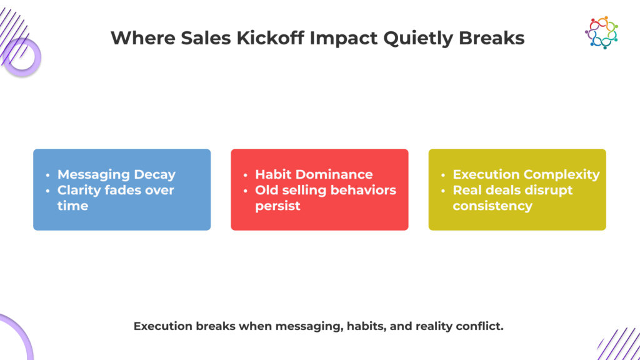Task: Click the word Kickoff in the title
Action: pyautogui.click(x=271, y=38)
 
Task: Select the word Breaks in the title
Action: pyautogui.click(x=491, y=38)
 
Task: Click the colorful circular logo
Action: pyautogui.click(x=601, y=32)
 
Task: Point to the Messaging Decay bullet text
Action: pyautogui.click(x=116, y=175)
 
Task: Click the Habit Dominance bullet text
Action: pyautogui.click(x=314, y=174)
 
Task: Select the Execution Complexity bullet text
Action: pyautogui.click(x=526, y=175)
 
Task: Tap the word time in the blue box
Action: pyautogui.click(x=72, y=206)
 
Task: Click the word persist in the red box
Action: pyautogui.click(x=277, y=206)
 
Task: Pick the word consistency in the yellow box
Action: pyautogui.click(x=492, y=206)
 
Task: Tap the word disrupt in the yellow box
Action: pyautogui.click(x=548, y=191)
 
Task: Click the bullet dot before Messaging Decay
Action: pyautogui.click(x=47, y=175)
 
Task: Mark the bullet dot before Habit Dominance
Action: pyautogui.click(x=245, y=175)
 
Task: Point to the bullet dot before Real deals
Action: pyautogui.click(x=443, y=191)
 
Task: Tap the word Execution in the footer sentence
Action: pyautogui.click(x=163, y=326)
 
